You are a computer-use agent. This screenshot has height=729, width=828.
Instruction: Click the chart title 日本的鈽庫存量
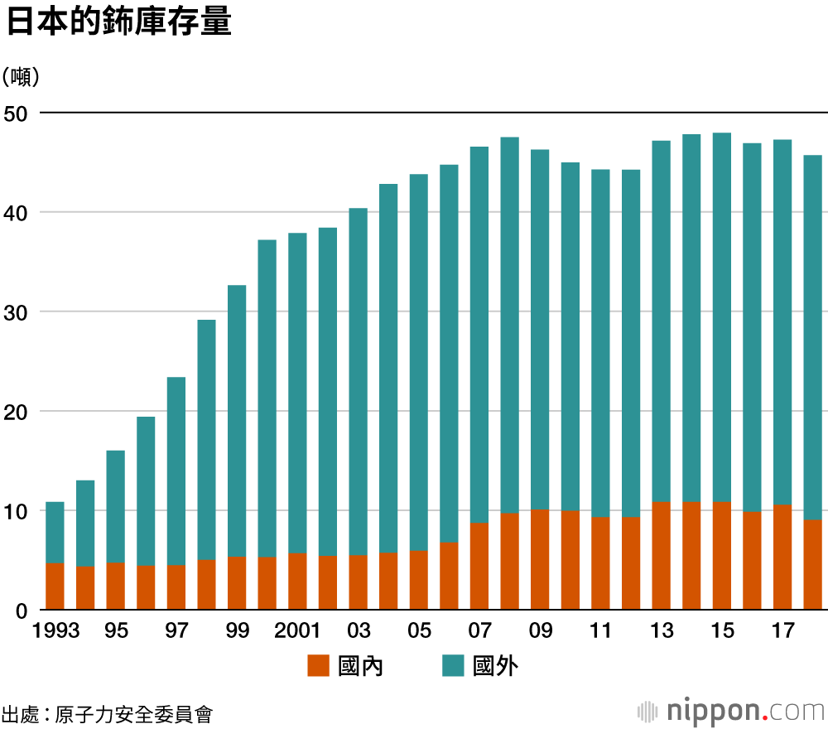click(x=118, y=22)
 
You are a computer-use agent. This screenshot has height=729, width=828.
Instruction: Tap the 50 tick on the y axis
click(x=18, y=113)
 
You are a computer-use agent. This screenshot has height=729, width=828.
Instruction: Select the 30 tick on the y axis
click(x=18, y=312)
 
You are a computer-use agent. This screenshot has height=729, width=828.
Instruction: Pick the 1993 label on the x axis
click(x=56, y=631)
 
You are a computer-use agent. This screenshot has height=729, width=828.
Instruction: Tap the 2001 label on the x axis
click(x=297, y=631)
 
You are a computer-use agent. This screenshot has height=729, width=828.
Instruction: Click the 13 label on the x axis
click(x=662, y=631)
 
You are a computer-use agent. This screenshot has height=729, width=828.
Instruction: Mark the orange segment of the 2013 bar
click(x=662, y=556)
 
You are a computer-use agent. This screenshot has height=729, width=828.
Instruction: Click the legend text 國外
click(x=495, y=665)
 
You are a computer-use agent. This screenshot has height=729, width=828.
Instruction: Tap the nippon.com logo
click(x=732, y=711)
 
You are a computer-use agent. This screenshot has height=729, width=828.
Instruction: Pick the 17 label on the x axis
click(x=782, y=631)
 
